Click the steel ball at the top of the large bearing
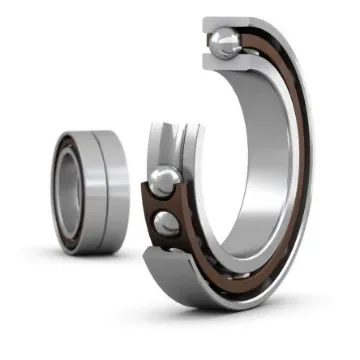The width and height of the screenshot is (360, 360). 223,42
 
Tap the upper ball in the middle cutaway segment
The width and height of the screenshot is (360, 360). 164,182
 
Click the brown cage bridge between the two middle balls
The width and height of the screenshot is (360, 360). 160,203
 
